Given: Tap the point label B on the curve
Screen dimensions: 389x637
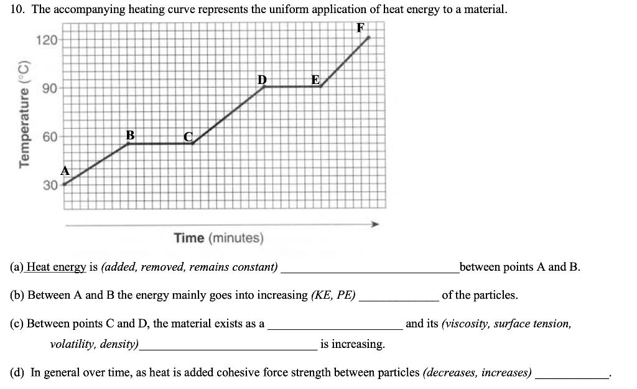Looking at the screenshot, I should (x=129, y=134).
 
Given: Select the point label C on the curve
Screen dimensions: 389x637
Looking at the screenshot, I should (x=188, y=136).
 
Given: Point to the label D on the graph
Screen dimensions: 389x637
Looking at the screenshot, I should (x=262, y=79).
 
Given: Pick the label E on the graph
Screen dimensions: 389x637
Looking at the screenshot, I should (x=315, y=79).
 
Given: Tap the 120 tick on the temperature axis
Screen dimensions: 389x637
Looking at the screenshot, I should (x=47, y=40).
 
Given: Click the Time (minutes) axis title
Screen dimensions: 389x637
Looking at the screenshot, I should (x=219, y=238).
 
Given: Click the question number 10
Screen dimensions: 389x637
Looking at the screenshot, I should (x=17, y=9).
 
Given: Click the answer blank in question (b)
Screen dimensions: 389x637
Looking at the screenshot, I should (x=399, y=296).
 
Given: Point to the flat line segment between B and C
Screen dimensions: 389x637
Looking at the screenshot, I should (x=160, y=144).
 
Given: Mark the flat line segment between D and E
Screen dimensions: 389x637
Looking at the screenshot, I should (x=292, y=87).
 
